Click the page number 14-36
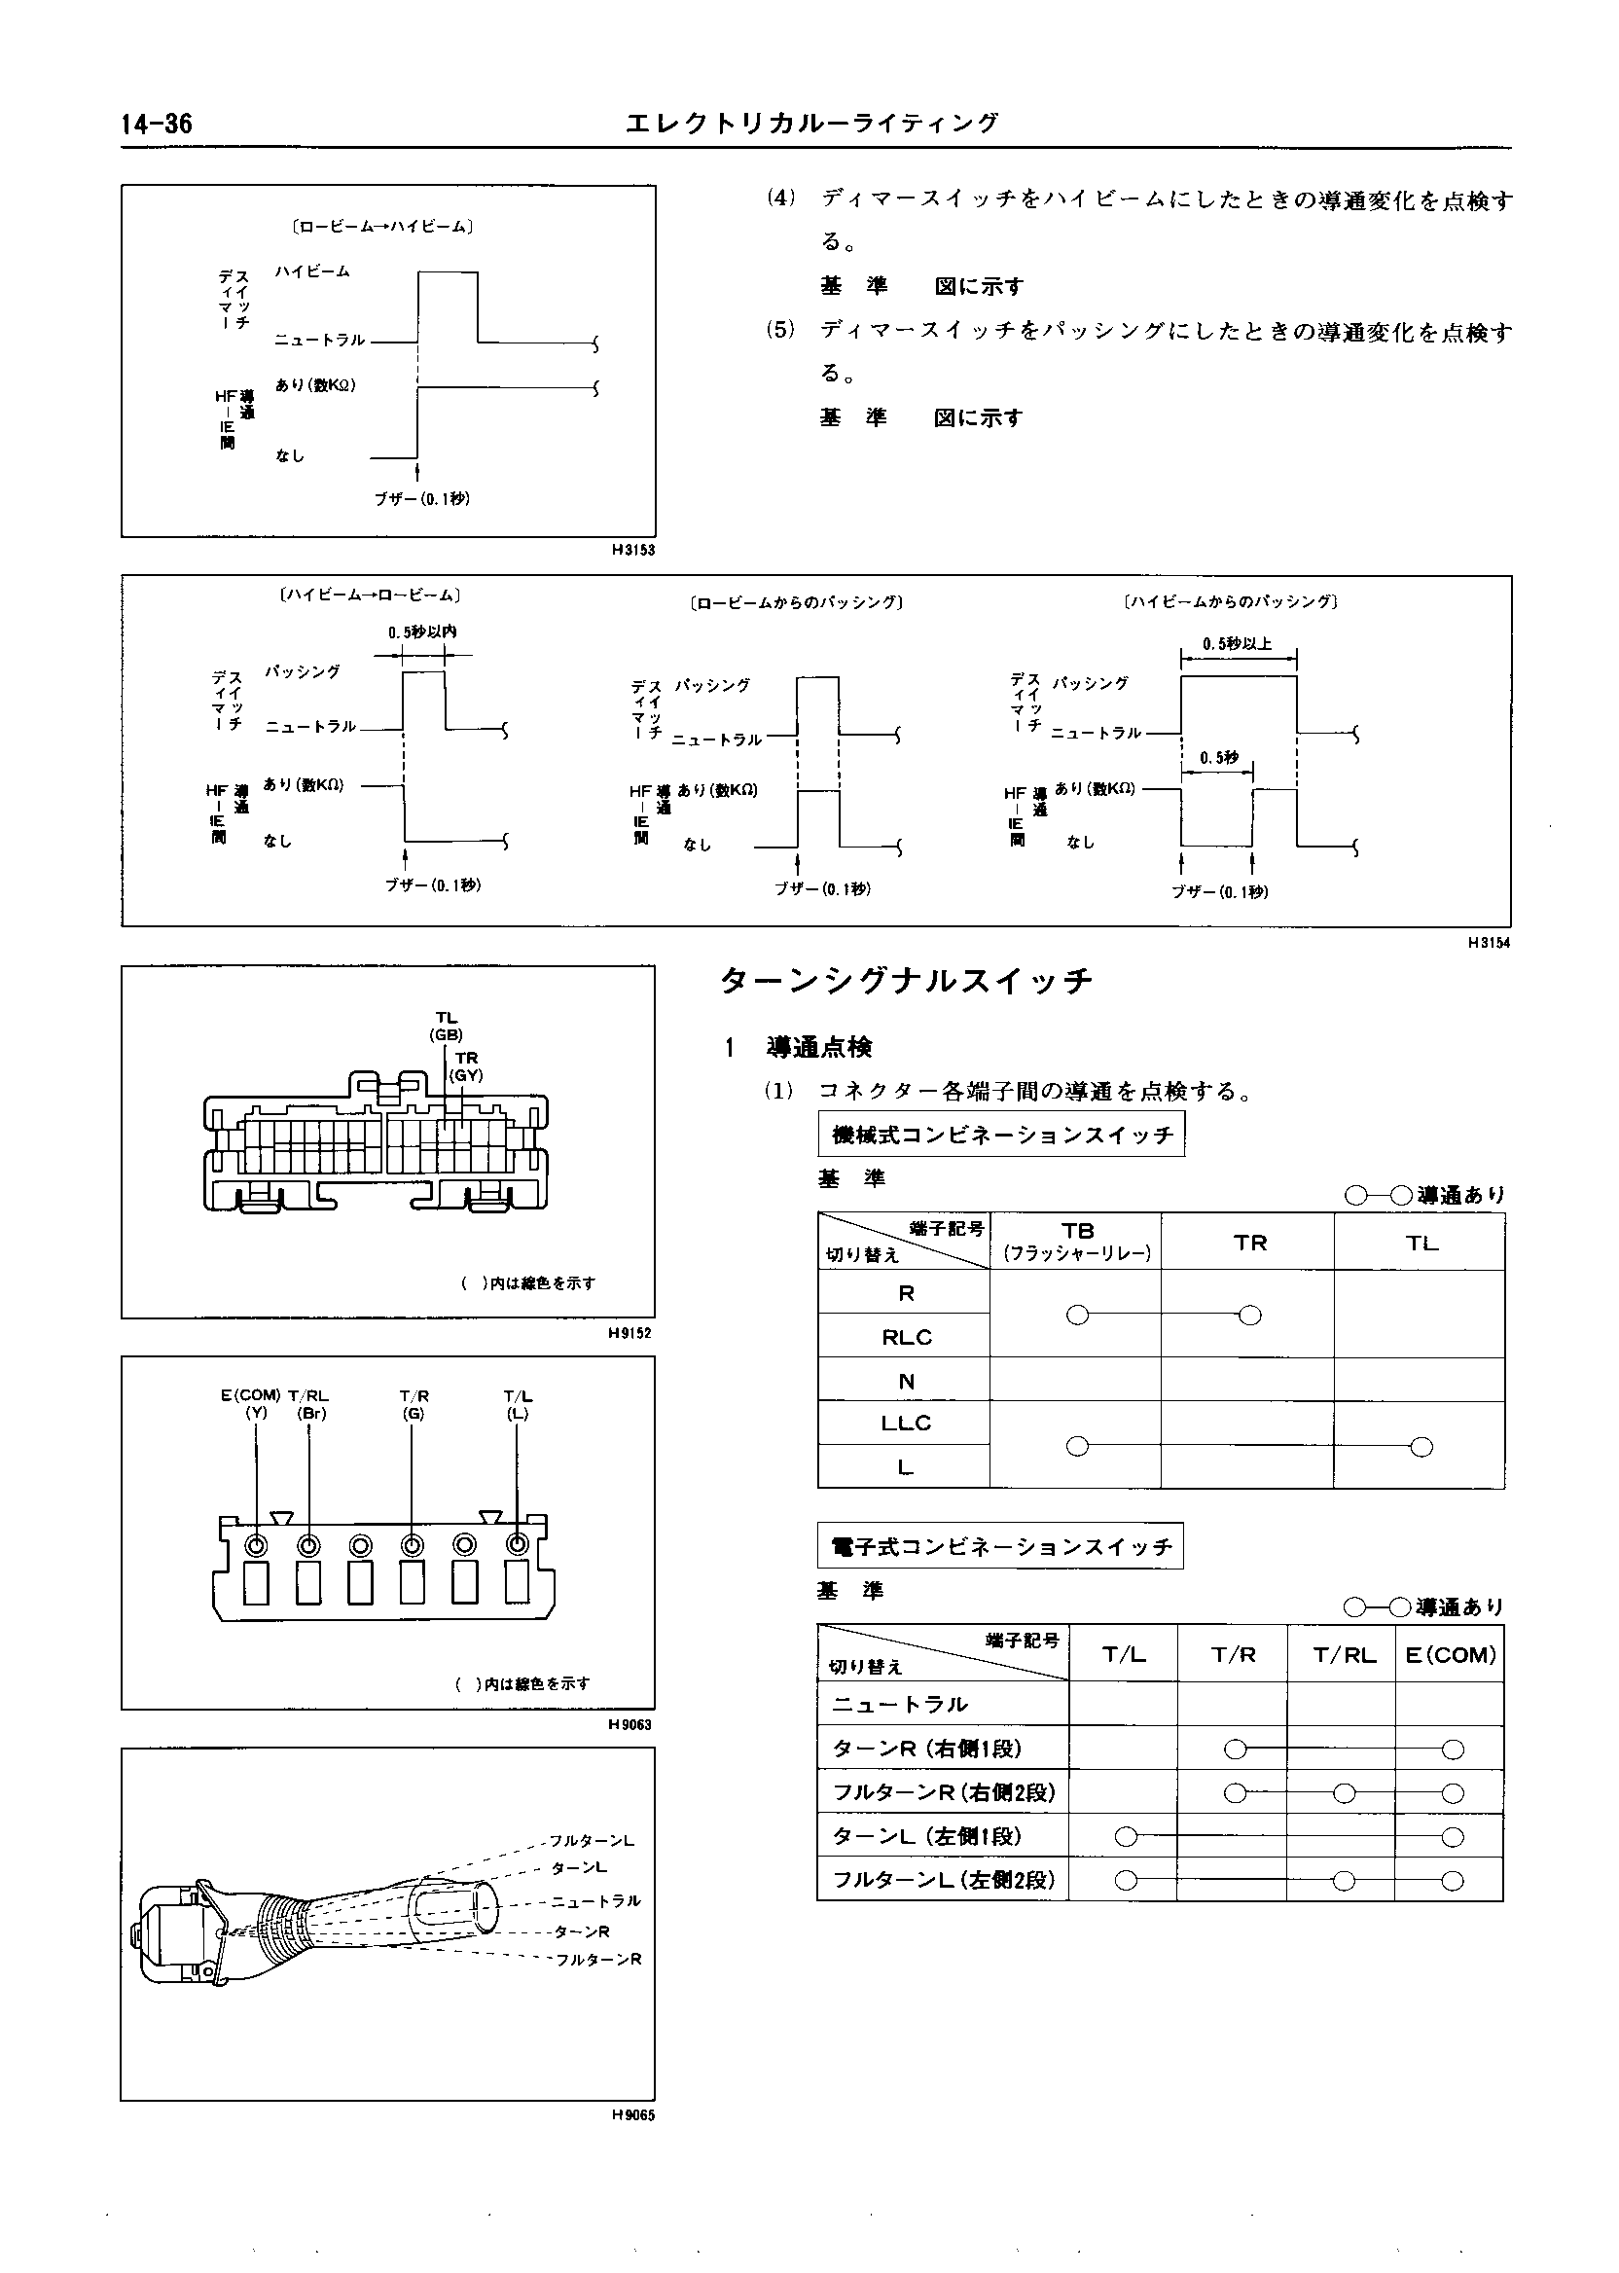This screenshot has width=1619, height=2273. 157,124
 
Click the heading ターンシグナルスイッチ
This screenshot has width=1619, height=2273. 906,981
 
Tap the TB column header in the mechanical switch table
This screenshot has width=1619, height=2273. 1077,1241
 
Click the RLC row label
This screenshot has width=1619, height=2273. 905,1337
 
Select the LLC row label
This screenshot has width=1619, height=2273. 905,1423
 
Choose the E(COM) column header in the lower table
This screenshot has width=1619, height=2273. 1450,1655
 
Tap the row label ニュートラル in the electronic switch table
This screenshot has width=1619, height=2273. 900,1705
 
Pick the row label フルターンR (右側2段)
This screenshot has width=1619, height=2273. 943,1792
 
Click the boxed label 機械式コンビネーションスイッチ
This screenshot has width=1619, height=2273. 1002,1136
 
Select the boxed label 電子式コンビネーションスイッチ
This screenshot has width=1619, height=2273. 1000,1547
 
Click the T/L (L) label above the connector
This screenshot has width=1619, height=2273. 518,1404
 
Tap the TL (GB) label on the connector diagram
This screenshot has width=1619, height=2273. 446,1026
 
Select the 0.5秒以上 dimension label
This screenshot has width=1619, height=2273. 1237,644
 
